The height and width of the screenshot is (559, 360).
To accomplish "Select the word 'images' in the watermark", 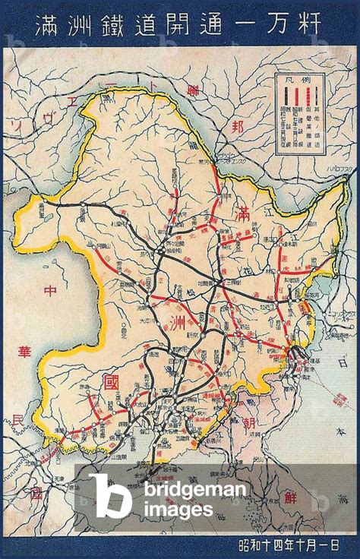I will (175, 510).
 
